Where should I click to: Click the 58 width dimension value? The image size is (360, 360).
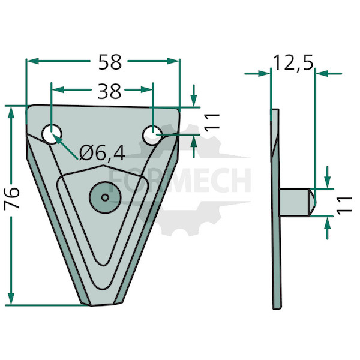(x=110, y=62)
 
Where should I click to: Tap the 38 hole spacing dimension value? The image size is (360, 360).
(x=109, y=91)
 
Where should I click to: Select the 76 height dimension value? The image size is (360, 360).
(x=11, y=199)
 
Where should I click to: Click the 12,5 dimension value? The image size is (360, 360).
(x=293, y=63)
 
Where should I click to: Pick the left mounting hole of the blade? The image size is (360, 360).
(x=52, y=134)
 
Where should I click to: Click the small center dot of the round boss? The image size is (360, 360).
(x=105, y=197)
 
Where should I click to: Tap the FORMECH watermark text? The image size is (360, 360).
(x=180, y=180)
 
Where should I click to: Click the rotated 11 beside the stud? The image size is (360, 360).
(x=344, y=205)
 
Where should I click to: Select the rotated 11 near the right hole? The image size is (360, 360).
(x=212, y=122)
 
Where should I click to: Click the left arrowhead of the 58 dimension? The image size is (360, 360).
(x=33, y=61)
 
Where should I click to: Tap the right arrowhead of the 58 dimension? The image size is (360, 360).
(x=173, y=61)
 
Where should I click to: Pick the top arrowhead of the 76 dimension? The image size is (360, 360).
(x=11, y=113)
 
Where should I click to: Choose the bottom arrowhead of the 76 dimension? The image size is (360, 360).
(x=11, y=299)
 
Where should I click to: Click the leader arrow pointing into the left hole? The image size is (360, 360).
(x=65, y=146)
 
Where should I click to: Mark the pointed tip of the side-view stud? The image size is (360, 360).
(x=316, y=202)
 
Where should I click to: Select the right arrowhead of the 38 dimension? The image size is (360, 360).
(x=147, y=90)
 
